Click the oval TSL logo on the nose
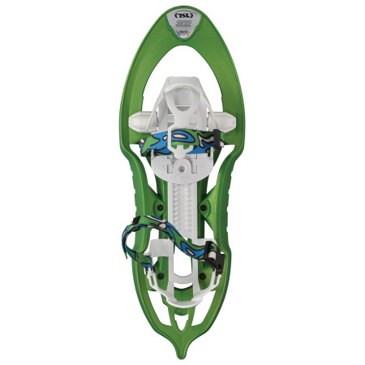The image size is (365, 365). coord(182,15)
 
